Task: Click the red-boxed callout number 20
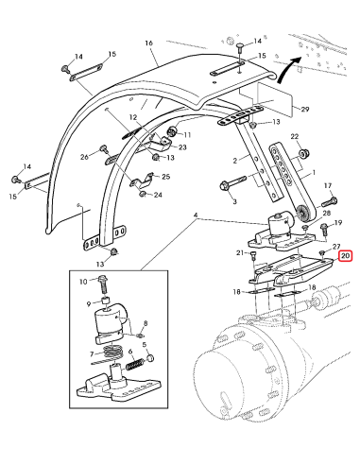346,255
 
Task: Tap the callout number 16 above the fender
148,43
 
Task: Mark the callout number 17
329,185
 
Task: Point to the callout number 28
326,215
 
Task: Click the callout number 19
338,222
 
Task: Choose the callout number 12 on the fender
133,117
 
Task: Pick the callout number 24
157,195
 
